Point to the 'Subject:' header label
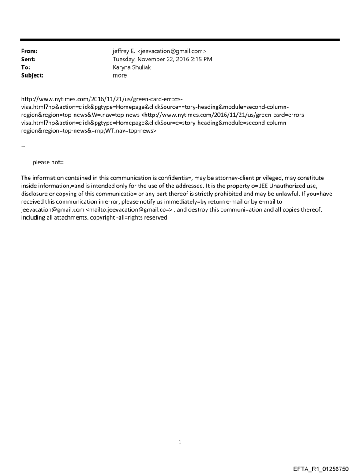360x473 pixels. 32,75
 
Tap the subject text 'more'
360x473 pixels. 120,75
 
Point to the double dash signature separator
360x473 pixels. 23,146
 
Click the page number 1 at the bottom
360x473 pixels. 180,442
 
